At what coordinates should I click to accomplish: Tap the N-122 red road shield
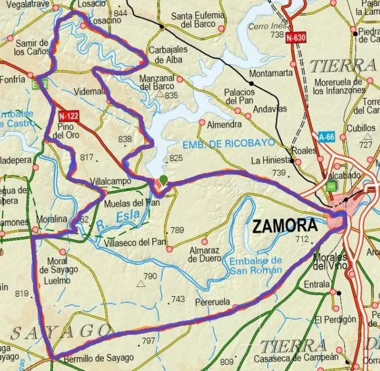(x=68, y=116)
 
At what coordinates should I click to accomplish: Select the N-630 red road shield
(x=296, y=38)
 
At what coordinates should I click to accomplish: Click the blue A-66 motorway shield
(x=326, y=137)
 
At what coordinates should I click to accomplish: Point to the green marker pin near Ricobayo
(x=164, y=181)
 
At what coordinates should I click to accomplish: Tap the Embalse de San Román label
(x=256, y=265)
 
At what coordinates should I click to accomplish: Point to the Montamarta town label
(x=271, y=73)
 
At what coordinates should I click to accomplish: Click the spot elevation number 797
(x=148, y=341)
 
